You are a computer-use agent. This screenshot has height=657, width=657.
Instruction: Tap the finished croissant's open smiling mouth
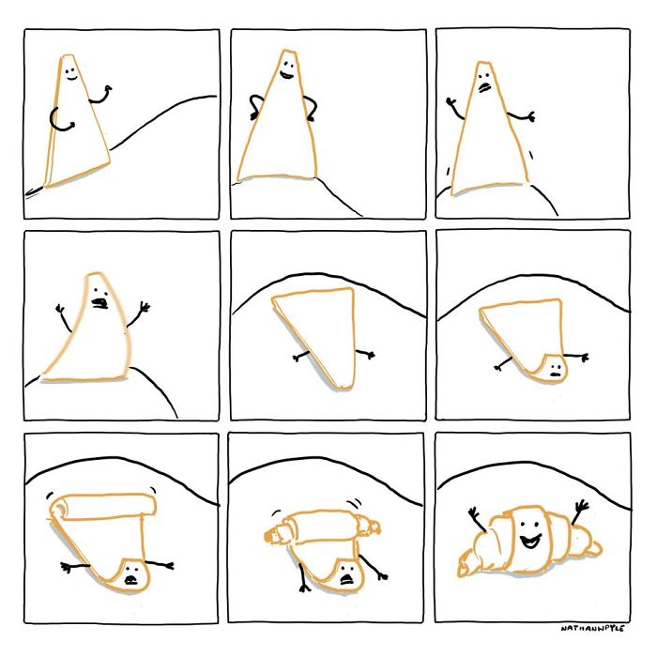[x=531, y=542]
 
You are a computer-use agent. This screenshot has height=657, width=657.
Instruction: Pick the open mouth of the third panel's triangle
[x=484, y=86]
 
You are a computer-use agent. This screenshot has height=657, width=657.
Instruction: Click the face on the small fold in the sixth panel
[x=554, y=367]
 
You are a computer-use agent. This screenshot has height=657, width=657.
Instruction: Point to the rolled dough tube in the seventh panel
[x=103, y=508]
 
